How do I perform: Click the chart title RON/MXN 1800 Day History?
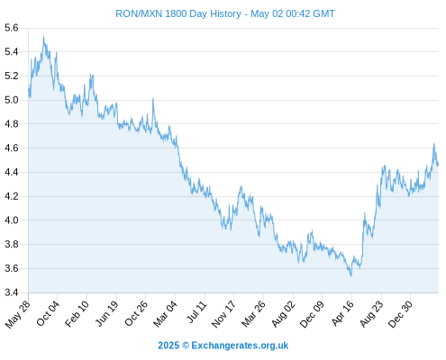(x=178, y=13)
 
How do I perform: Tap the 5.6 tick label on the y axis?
(x=12, y=28)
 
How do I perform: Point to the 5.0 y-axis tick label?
(x=12, y=100)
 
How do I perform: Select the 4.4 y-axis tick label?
(x=12, y=172)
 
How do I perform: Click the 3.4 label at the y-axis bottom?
(x=12, y=292)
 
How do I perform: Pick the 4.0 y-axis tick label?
(x=12, y=220)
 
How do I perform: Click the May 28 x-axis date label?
(x=18, y=314)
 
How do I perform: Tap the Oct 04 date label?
(x=48, y=313)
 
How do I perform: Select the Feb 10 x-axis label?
(x=77, y=314)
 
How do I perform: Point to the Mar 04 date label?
(x=165, y=314)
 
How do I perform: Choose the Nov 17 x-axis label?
(x=223, y=314)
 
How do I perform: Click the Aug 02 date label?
(x=284, y=314)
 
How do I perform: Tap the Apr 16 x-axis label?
(x=343, y=313)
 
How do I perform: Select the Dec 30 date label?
(x=400, y=314)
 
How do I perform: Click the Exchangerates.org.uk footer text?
(x=240, y=346)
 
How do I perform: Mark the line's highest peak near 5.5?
(x=43, y=37)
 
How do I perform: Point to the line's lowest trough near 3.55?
(x=350, y=275)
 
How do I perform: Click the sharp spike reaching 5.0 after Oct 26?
(x=153, y=99)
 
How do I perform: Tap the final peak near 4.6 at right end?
(x=433, y=144)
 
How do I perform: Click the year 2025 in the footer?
(x=168, y=346)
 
